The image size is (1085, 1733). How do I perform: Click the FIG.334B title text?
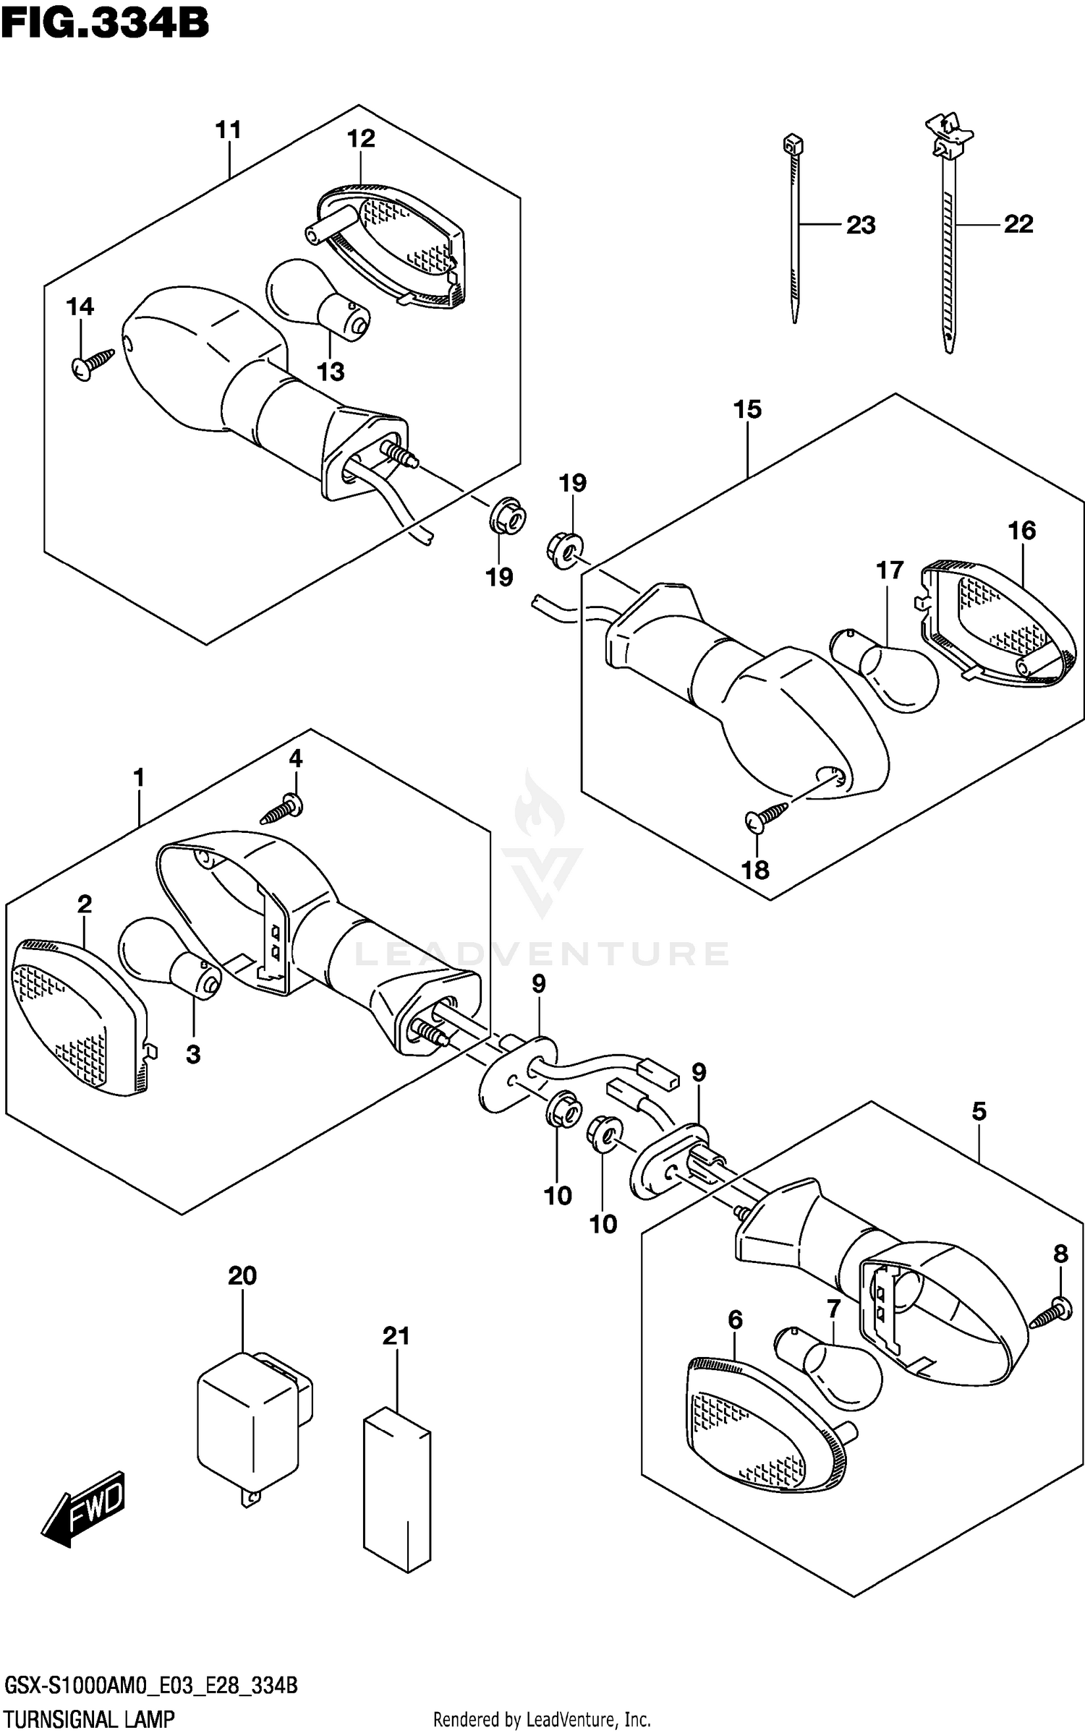coord(105,23)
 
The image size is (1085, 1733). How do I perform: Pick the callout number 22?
coord(1018,224)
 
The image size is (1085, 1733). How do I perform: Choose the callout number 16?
coord(1021,531)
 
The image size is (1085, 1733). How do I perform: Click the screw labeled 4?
coord(282,811)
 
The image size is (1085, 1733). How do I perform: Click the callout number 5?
coord(979,1111)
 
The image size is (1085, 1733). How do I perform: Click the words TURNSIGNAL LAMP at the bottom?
coord(89,1718)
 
